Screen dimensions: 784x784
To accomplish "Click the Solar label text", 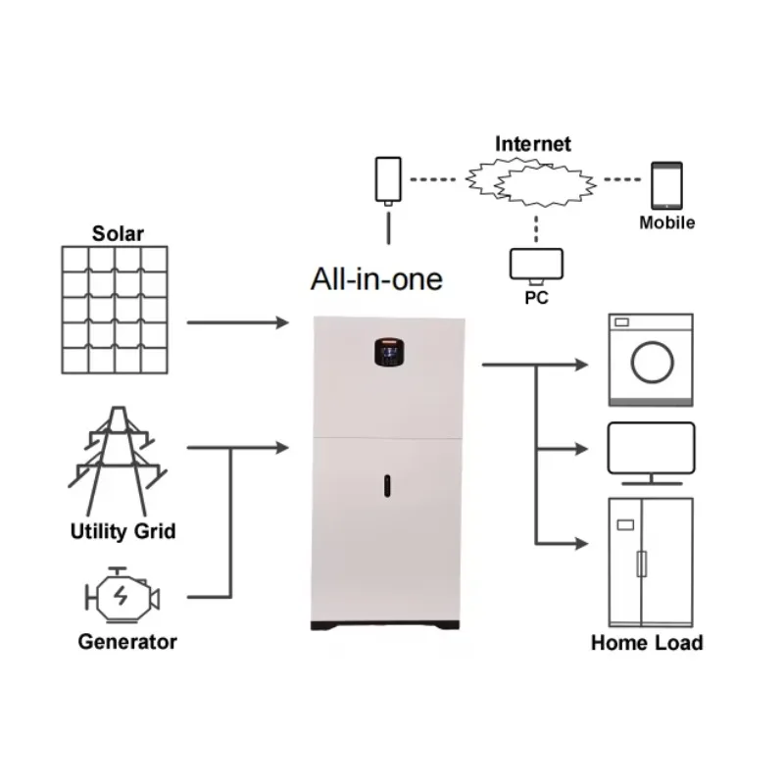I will click(118, 233).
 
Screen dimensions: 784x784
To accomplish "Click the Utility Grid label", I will click(123, 532).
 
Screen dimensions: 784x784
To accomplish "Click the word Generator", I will click(127, 643).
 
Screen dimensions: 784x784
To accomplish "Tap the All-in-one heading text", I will click(376, 279).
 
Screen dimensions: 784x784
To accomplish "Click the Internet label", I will click(532, 144).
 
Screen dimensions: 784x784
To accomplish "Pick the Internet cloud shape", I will click(532, 182).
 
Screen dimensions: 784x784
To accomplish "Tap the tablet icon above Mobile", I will click(666, 186).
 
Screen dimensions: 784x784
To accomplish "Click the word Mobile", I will click(667, 222).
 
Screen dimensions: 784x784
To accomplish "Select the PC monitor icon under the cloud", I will click(536, 264).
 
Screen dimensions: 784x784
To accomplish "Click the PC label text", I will click(537, 297).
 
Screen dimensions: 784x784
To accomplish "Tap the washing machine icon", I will click(651, 360).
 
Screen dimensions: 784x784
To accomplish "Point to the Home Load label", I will click(647, 643).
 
